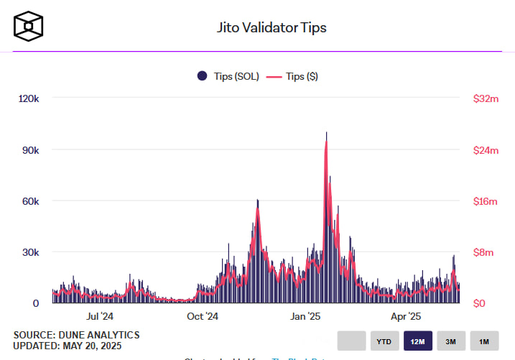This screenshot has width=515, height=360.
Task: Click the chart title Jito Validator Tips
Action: coord(272,28)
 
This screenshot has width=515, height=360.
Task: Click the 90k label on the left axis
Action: coord(29,150)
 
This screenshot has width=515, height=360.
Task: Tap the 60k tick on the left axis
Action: coord(29,201)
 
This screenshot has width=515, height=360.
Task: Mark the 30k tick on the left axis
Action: coord(29,252)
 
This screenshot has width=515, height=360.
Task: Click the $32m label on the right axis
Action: coord(485,98)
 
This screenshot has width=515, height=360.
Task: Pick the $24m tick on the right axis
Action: coord(485,150)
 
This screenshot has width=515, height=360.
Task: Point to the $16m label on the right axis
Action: coord(485,201)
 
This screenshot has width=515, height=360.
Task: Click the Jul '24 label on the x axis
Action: coord(99,316)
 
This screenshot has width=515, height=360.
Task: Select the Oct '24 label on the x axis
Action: coord(203,316)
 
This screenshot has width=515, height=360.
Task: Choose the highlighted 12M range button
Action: coord(417,341)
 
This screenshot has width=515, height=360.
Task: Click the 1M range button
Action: coord(484,341)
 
